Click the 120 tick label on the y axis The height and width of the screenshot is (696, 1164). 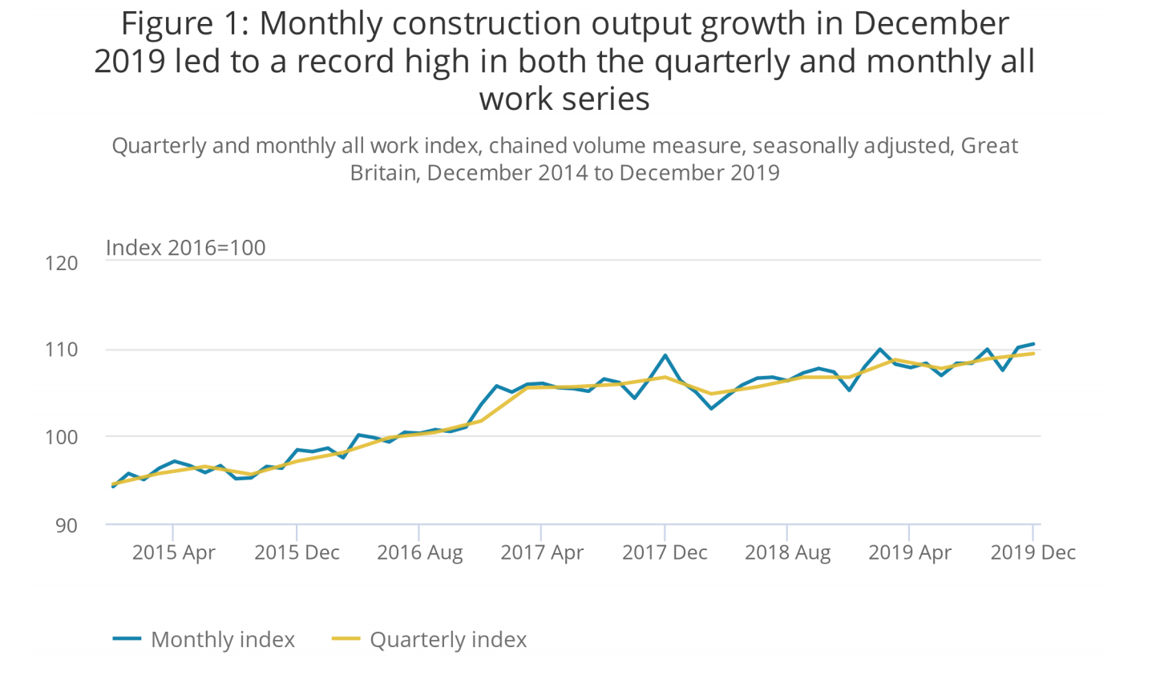pyautogui.click(x=62, y=263)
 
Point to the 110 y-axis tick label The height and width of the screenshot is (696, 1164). pyautogui.click(x=62, y=350)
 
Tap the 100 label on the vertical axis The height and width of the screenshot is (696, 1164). pyautogui.click(x=62, y=437)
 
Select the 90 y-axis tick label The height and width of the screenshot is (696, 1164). pyautogui.click(x=67, y=525)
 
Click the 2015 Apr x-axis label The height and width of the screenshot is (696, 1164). pyautogui.click(x=173, y=552)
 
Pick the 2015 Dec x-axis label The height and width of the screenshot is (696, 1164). pyautogui.click(x=297, y=552)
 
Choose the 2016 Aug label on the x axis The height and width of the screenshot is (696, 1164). pyautogui.click(x=419, y=552)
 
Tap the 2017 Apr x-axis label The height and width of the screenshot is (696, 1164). pyautogui.click(x=542, y=552)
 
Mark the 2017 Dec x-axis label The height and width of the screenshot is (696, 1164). pyautogui.click(x=665, y=552)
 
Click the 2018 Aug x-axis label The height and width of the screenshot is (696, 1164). pyautogui.click(x=787, y=552)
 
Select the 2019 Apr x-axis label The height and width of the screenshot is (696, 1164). pyautogui.click(x=910, y=552)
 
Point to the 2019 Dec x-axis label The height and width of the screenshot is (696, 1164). pyautogui.click(x=1033, y=552)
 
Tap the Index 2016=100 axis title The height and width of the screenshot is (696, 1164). pyautogui.click(x=185, y=247)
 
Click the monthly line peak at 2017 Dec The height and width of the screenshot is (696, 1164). pyautogui.click(x=665, y=355)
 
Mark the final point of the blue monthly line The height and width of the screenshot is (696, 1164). pyautogui.click(x=1033, y=344)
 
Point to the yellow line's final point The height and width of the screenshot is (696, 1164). pyautogui.click(x=1033, y=354)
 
